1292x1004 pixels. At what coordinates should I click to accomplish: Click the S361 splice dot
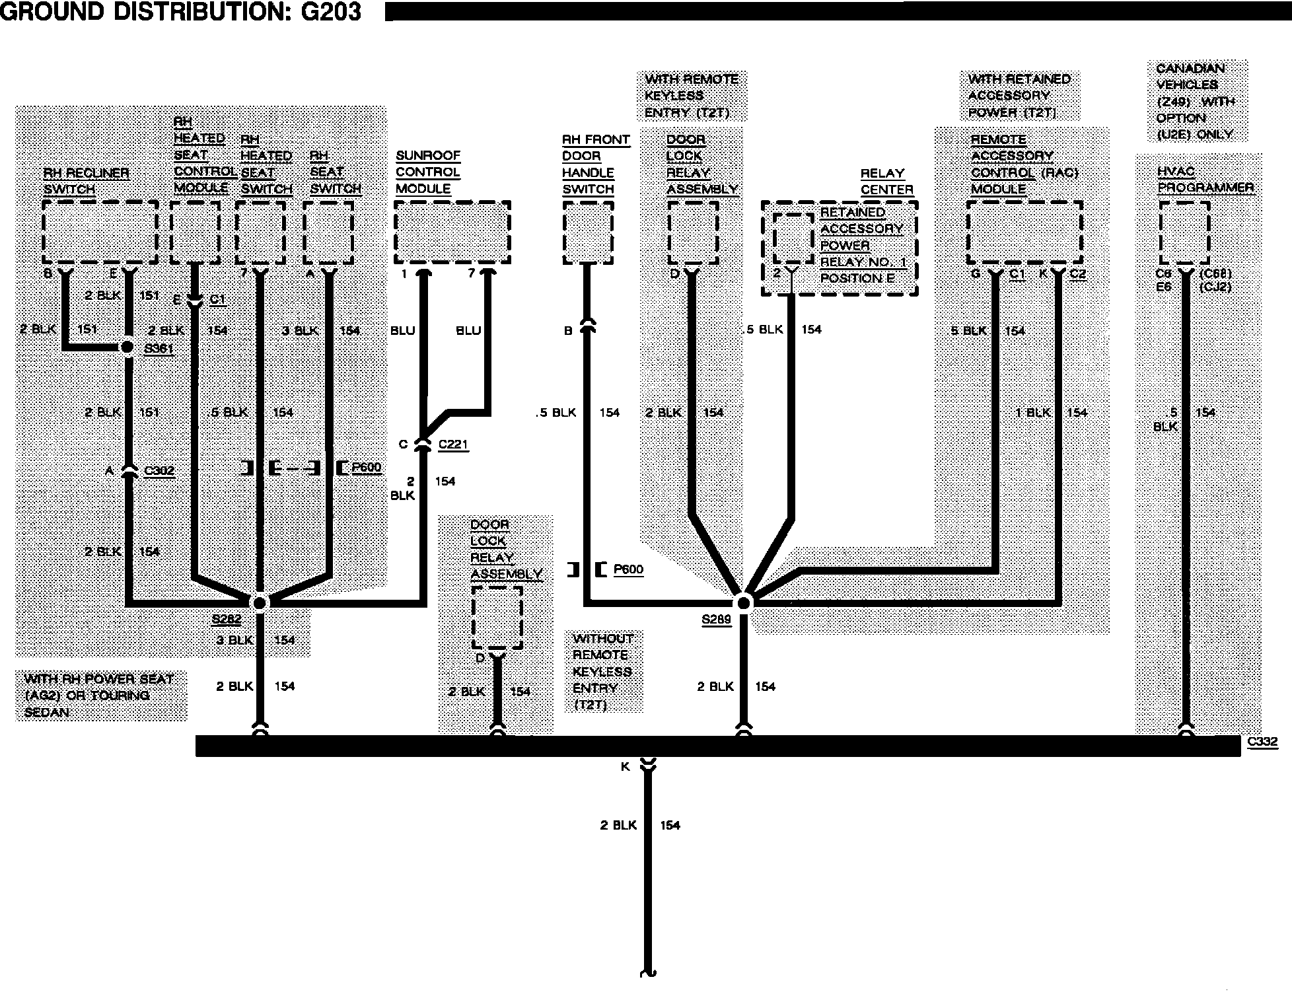[x=128, y=347]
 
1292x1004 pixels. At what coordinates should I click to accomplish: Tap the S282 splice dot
[x=260, y=602]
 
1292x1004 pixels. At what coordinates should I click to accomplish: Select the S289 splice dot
[x=744, y=602]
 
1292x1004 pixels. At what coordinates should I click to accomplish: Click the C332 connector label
[x=1262, y=742]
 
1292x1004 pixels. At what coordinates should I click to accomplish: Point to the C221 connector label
[x=453, y=444]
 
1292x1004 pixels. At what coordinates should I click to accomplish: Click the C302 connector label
[x=159, y=470]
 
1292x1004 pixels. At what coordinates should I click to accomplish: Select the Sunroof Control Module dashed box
[x=452, y=232]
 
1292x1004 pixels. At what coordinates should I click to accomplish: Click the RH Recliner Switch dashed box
[x=100, y=232]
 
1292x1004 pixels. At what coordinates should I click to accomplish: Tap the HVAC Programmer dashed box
[x=1185, y=232]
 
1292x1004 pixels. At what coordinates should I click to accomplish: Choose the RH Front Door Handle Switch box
[x=588, y=232]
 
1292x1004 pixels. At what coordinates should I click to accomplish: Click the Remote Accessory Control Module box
[x=1024, y=232]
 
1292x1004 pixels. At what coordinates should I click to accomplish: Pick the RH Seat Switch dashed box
[x=328, y=232]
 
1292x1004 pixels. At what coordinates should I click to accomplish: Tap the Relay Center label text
[x=886, y=182]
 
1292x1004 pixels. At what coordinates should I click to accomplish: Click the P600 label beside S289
[x=628, y=569]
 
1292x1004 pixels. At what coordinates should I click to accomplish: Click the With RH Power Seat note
[x=100, y=696]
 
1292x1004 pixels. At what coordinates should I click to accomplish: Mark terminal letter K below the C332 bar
[x=625, y=767]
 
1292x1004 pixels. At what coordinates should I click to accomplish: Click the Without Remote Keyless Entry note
[x=603, y=671]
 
